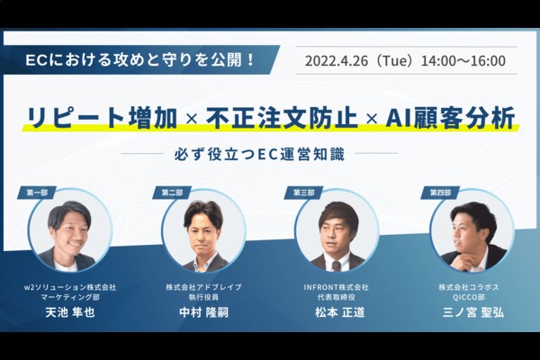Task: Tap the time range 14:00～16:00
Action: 463,61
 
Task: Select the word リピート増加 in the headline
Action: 102,118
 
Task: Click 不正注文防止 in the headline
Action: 282,118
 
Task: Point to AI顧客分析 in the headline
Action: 450,118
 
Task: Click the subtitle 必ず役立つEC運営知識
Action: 259,154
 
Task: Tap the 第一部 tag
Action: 37,193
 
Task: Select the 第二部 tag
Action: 172,193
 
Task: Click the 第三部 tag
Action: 304,193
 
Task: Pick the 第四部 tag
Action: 440,193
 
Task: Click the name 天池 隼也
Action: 70,312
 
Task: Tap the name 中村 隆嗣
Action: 204,312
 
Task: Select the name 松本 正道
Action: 339,312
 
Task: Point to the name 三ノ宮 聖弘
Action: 473,312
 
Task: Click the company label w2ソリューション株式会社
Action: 70,287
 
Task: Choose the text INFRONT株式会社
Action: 336,287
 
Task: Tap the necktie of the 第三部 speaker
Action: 337,266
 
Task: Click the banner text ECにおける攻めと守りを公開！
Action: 139,60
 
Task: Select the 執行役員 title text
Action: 204,297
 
